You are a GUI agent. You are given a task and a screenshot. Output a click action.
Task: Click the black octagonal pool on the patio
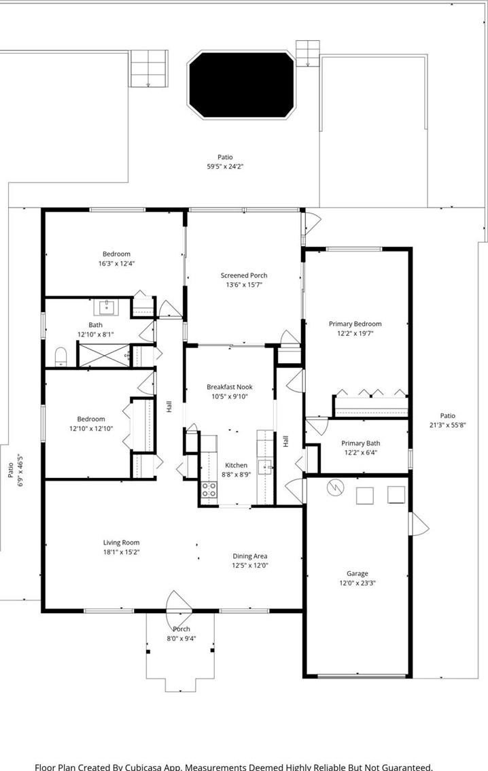[x=241, y=84]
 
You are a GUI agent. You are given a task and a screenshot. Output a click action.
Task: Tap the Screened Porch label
[x=244, y=275]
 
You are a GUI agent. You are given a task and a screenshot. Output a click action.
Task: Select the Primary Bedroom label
[x=355, y=324]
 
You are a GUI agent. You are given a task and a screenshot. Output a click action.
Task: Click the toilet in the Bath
[x=60, y=356]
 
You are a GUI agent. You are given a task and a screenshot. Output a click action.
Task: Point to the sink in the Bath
[x=106, y=308]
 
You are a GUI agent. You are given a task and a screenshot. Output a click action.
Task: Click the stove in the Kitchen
[x=209, y=490]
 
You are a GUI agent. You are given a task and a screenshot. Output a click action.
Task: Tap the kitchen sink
[x=265, y=466]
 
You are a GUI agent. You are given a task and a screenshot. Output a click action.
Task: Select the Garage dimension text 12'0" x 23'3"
[x=358, y=583]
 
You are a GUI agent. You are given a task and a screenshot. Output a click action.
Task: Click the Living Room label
[x=122, y=543]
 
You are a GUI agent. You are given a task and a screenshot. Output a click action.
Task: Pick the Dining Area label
[x=249, y=556]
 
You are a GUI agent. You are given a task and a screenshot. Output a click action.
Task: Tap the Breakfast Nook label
[x=230, y=387]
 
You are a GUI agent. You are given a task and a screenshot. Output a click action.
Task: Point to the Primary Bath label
[x=360, y=443]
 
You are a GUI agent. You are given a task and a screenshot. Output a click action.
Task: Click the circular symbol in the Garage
[x=335, y=487]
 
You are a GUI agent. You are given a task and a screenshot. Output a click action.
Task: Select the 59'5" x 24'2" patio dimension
[x=225, y=167]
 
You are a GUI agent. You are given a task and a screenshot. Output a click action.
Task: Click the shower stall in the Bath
[x=105, y=355]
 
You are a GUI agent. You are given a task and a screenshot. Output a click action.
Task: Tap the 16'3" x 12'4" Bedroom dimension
[x=116, y=264]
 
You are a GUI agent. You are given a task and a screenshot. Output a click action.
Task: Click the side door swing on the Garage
[x=419, y=524]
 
